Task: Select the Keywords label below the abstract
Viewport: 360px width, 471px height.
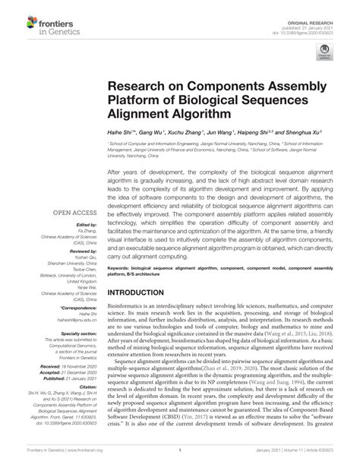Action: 122,268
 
